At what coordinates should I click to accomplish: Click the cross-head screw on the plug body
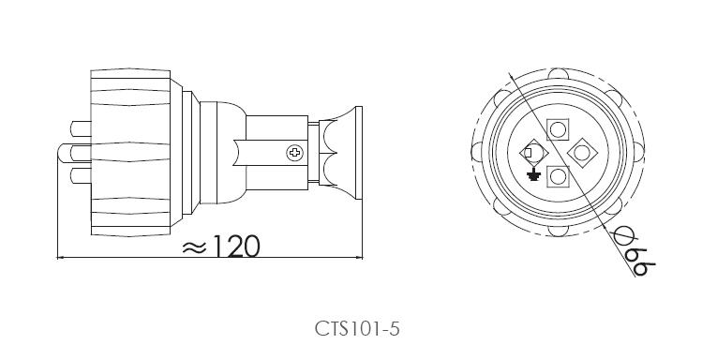pos(294,153)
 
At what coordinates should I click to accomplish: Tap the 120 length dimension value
pos(236,246)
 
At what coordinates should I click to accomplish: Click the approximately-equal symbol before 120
pos(194,247)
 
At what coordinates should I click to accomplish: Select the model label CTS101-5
pos(357,329)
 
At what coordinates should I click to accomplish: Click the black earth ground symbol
pos(532,174)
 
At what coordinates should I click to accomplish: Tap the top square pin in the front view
pos(558,130)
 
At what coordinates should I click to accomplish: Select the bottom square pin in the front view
pos(558,176)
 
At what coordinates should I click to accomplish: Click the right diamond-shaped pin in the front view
pos(582,153)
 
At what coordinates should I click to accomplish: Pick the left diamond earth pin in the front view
pos(534,153)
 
